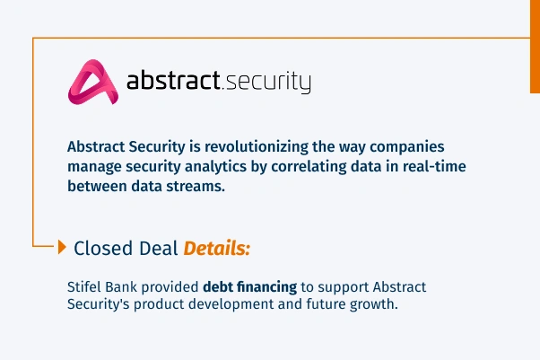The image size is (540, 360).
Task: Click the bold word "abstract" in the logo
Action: click(x=173, y=82)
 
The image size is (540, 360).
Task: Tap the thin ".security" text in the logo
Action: click(x=266, y=83)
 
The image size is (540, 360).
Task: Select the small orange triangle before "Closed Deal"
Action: click(x=62, y=247)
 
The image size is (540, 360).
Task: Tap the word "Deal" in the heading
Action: click(x=157, y=248)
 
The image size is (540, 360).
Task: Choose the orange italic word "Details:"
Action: click(x=217, y=248)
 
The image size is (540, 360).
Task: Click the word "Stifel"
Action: click(x=85, y=287)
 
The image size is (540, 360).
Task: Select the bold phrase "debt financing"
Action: click(x=249, y=287)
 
